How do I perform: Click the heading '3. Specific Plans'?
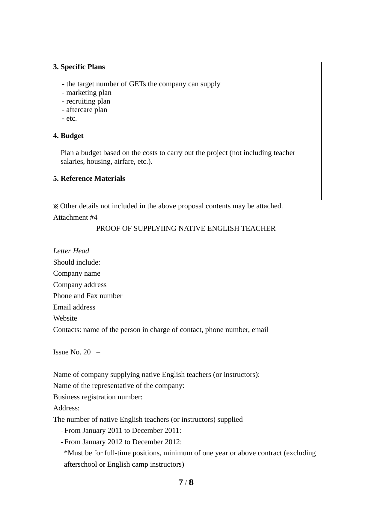[79, 67]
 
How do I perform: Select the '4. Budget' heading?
[68, 136]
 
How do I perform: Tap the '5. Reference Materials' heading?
[89, 178]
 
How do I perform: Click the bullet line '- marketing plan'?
[87, 93]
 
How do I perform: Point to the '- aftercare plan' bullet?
[85, 110]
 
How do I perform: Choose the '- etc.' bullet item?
[70, 119]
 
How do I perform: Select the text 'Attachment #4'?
[75, 217]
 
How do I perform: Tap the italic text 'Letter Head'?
[71, 251]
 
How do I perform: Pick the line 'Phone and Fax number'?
[88, 296]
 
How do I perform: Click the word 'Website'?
[65, 318]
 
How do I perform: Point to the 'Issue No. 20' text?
[72, 352]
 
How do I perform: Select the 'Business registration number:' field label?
[98, 397]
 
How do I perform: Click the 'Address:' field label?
[66, 408]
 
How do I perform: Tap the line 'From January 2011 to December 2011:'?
[123, 431]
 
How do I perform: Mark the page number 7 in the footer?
[180, 482]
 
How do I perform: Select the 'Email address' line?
[74, 307]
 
